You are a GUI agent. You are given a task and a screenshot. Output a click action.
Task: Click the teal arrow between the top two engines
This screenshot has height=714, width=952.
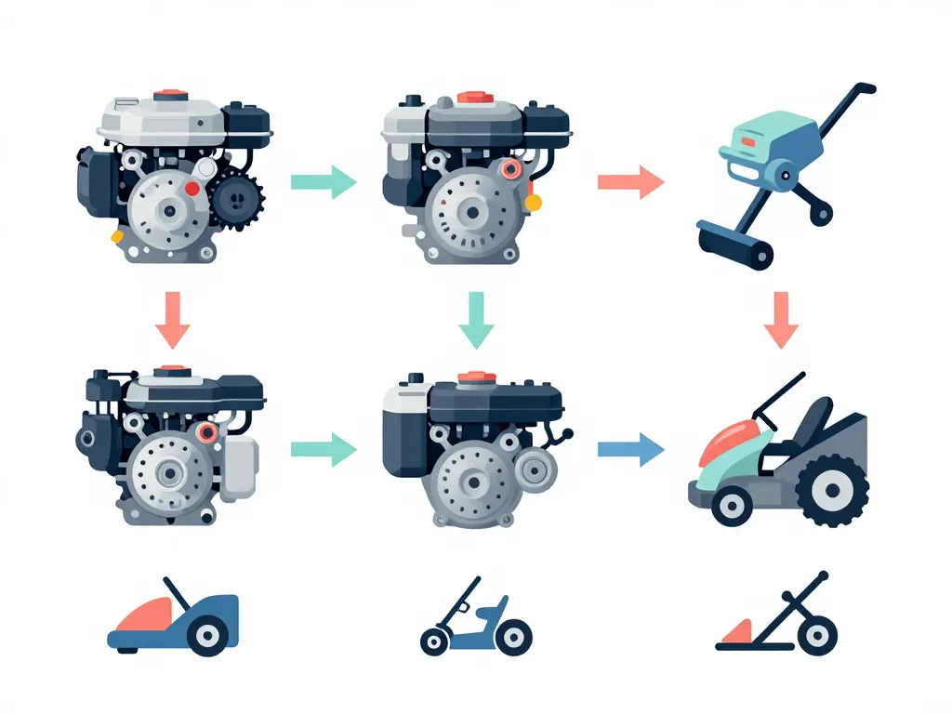(324, 182)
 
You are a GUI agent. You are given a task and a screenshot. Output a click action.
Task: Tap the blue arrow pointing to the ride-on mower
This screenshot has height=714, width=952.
(630, 451)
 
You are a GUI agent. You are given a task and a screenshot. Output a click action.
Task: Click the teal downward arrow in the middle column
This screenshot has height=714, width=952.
(476, 320)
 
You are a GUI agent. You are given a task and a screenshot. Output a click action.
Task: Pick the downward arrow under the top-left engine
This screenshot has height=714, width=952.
(172, 320)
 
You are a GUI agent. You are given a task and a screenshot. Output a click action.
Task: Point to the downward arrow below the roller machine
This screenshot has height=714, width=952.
(781, 320)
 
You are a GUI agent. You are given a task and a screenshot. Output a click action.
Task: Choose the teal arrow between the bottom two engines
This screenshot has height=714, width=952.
(324, 451)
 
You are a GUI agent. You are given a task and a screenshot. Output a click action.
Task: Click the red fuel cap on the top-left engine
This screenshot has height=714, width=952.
(170, 95)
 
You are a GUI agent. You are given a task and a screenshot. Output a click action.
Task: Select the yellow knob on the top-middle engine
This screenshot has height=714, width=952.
(533, 202)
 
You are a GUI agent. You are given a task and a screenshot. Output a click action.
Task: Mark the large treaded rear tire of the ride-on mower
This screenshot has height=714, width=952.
(833, 490)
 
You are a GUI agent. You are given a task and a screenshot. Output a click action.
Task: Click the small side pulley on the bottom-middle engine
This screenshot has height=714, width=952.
(535, 471)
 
